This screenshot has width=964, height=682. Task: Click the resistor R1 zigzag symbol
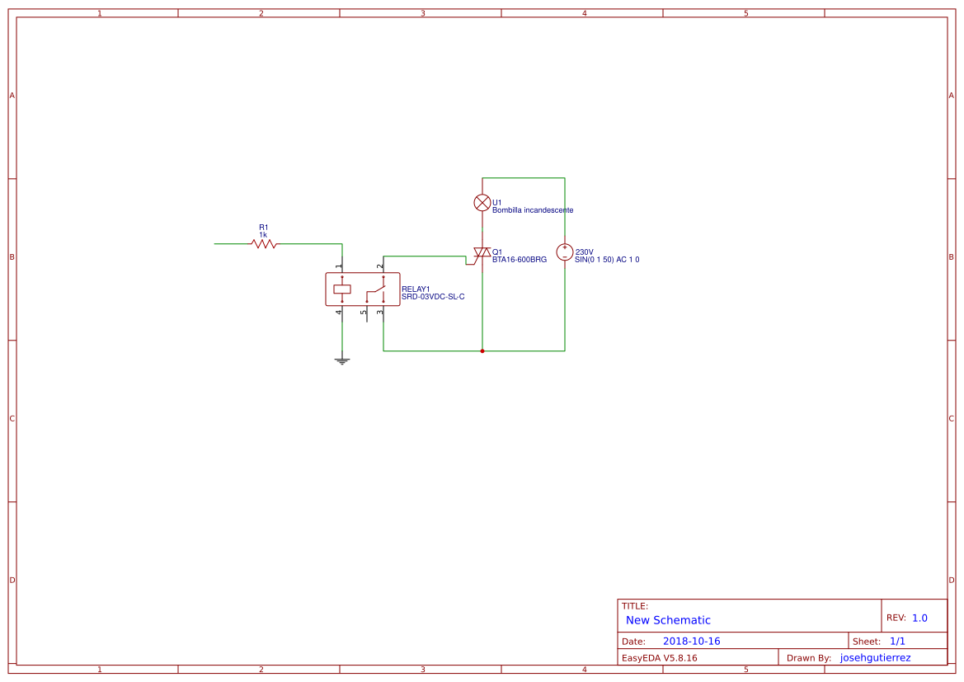click(x=264, y=243)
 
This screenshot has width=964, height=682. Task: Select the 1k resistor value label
click(x=263, y=235)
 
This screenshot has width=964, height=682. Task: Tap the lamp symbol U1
click(x=482, y=202)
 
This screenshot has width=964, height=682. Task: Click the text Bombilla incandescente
click(x=533, y=210)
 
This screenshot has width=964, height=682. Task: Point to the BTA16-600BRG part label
click(x=520, y=260)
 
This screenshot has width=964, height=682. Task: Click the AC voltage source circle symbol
click(x=565, y=252)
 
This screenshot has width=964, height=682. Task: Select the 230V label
click(x=585, y=252)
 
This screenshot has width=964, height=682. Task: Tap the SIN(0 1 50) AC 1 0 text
click(x=607, y=260)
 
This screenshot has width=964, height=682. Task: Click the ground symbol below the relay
click(x=342, y=360)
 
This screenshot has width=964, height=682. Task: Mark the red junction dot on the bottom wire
click(x=482, y=350)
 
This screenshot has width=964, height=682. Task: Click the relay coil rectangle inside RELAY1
click(x=342, y=289)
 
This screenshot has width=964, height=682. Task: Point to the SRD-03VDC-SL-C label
click(x=433, y=296)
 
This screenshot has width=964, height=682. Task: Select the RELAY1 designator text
click(x=416, y=289)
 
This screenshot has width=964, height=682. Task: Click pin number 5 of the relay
click(x=363, y=313)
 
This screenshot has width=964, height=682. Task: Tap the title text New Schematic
click(x=668, y=620)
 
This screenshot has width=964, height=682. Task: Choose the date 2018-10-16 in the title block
click(x=691, y=641)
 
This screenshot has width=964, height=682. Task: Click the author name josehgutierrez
click(x=875, y=658)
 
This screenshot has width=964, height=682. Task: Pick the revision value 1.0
click(x=919, y=618)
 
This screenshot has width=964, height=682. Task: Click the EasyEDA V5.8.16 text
click(x=659, y=658)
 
